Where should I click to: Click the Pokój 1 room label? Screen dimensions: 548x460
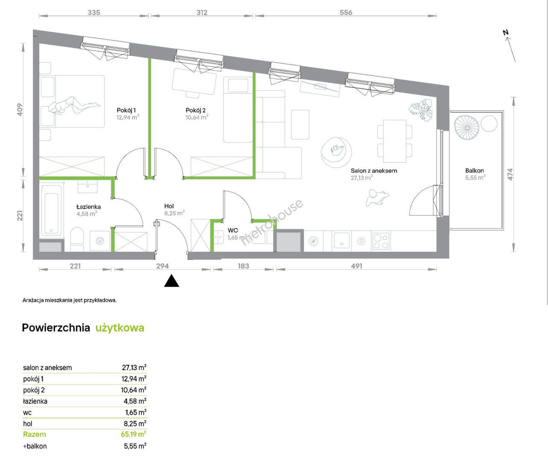coord(126,110)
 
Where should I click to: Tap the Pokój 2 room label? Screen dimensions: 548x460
coord(195,110)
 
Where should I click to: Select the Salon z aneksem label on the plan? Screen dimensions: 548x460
coord(374,171)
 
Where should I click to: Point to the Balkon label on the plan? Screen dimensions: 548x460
coord(474,170)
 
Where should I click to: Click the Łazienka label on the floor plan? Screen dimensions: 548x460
coord(88,207)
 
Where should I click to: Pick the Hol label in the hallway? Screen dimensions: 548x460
coord(169,206)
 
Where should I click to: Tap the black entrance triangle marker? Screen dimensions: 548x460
coord(171,281)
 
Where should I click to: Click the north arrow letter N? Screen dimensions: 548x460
coord(506,32)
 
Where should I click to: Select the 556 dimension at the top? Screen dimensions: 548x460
coord(346,12)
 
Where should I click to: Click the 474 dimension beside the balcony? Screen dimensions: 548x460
coord(510,174)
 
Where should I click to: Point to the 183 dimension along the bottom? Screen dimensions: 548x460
coord(243,266)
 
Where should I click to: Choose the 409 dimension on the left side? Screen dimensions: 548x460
coord(20,110)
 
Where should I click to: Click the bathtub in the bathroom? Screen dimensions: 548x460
coord(52,210)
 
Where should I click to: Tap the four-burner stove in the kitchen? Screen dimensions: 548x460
coord(380,241)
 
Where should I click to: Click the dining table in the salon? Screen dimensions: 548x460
coord(395,141)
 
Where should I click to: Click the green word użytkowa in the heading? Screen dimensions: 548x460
coord(120,328)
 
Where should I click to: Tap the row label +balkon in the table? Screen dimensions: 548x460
coord(35,446)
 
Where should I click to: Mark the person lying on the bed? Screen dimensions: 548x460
coord(74,105)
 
